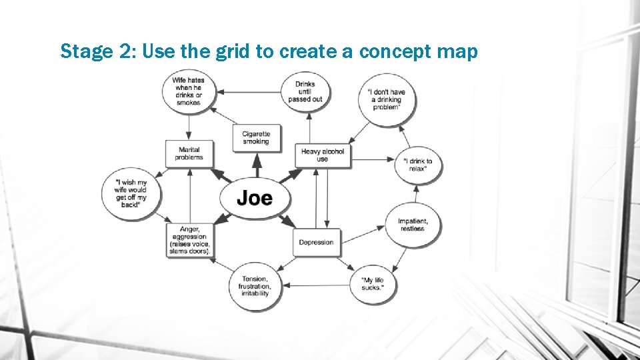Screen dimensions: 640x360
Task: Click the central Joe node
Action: [255, 198]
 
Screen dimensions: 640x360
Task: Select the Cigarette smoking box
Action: [256, 137]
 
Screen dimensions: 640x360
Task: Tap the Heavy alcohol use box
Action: [323, 155]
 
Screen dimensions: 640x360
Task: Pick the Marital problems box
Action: [189, 153]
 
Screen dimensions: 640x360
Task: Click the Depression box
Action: [316, 242]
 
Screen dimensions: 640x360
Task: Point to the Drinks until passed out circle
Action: [305, 91]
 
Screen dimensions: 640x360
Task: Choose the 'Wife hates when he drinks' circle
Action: [188, 91]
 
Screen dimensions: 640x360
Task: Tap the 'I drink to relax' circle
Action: [418, 165]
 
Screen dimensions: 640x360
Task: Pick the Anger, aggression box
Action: [189, 241]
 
